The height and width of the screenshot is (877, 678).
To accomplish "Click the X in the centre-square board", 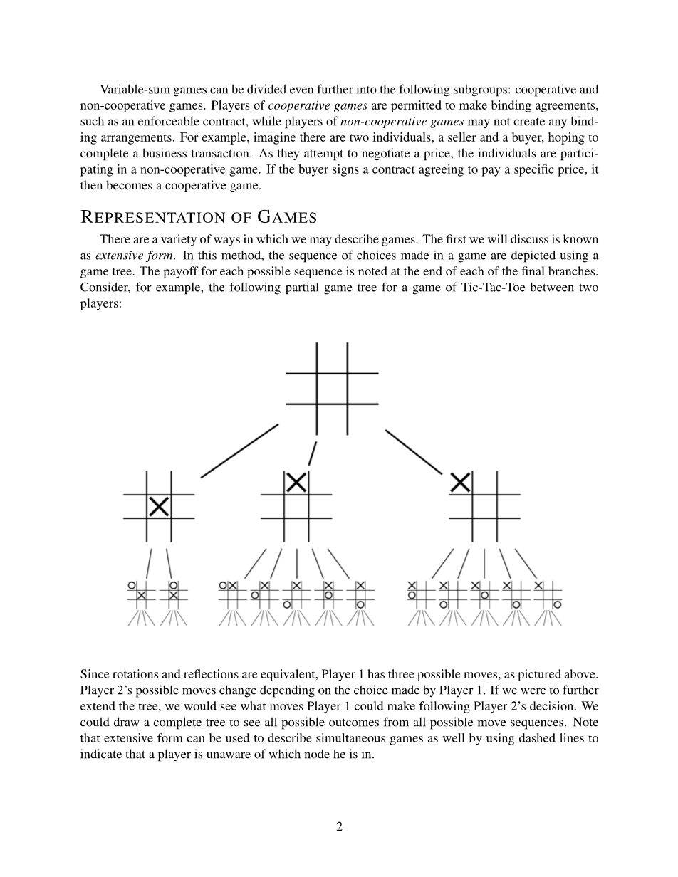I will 159,507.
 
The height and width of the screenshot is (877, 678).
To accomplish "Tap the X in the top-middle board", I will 296,483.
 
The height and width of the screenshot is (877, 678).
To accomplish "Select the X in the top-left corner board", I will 461,483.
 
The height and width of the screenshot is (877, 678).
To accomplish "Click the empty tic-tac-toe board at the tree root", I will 332,388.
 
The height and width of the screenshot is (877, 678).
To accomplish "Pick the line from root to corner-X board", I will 414,451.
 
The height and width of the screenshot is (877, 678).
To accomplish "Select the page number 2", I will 339,826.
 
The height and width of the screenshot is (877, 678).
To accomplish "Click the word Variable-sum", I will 132,90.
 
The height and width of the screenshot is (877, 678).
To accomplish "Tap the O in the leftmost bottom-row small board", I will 132,585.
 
